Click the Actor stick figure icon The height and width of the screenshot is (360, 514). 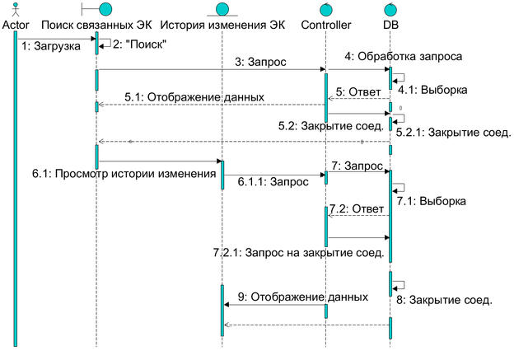click(x=16, y=10)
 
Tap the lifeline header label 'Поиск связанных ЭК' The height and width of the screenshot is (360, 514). click(x=96, y=25)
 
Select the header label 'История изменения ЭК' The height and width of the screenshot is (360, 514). click(x=223, y=25)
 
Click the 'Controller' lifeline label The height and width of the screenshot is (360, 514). click(x=326, y=25)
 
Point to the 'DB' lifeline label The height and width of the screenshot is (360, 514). click(x=392, y=25)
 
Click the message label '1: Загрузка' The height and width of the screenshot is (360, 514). click(x=51, y=46)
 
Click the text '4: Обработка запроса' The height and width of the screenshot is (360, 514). click(x=403, y=57)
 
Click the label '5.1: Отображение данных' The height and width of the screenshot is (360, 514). click(x=194, y=96)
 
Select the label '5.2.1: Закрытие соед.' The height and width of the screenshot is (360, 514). click(x=453, y=132)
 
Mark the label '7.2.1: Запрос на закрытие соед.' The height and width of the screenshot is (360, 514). click(x=298, y=252)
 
